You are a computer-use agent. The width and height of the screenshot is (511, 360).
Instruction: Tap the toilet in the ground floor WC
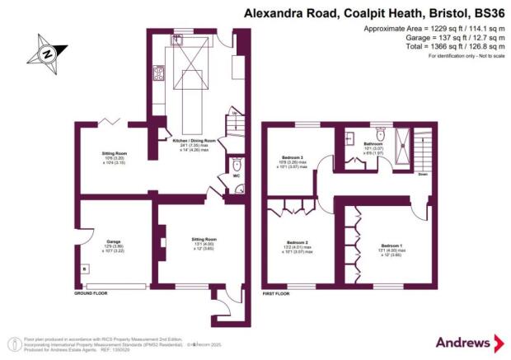pyautogui.click(x=236, y=161)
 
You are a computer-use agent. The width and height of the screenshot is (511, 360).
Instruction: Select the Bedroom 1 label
pyautogui.click(x=391, y=245)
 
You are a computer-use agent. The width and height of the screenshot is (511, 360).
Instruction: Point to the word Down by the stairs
pyautogui.click(x=422, y=174)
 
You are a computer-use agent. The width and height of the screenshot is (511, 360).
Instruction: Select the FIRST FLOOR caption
pyautogui.click(x=279, y=293)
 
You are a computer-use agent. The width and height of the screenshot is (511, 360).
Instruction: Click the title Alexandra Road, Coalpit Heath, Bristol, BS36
pyautogui.click(x=373, y=13)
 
